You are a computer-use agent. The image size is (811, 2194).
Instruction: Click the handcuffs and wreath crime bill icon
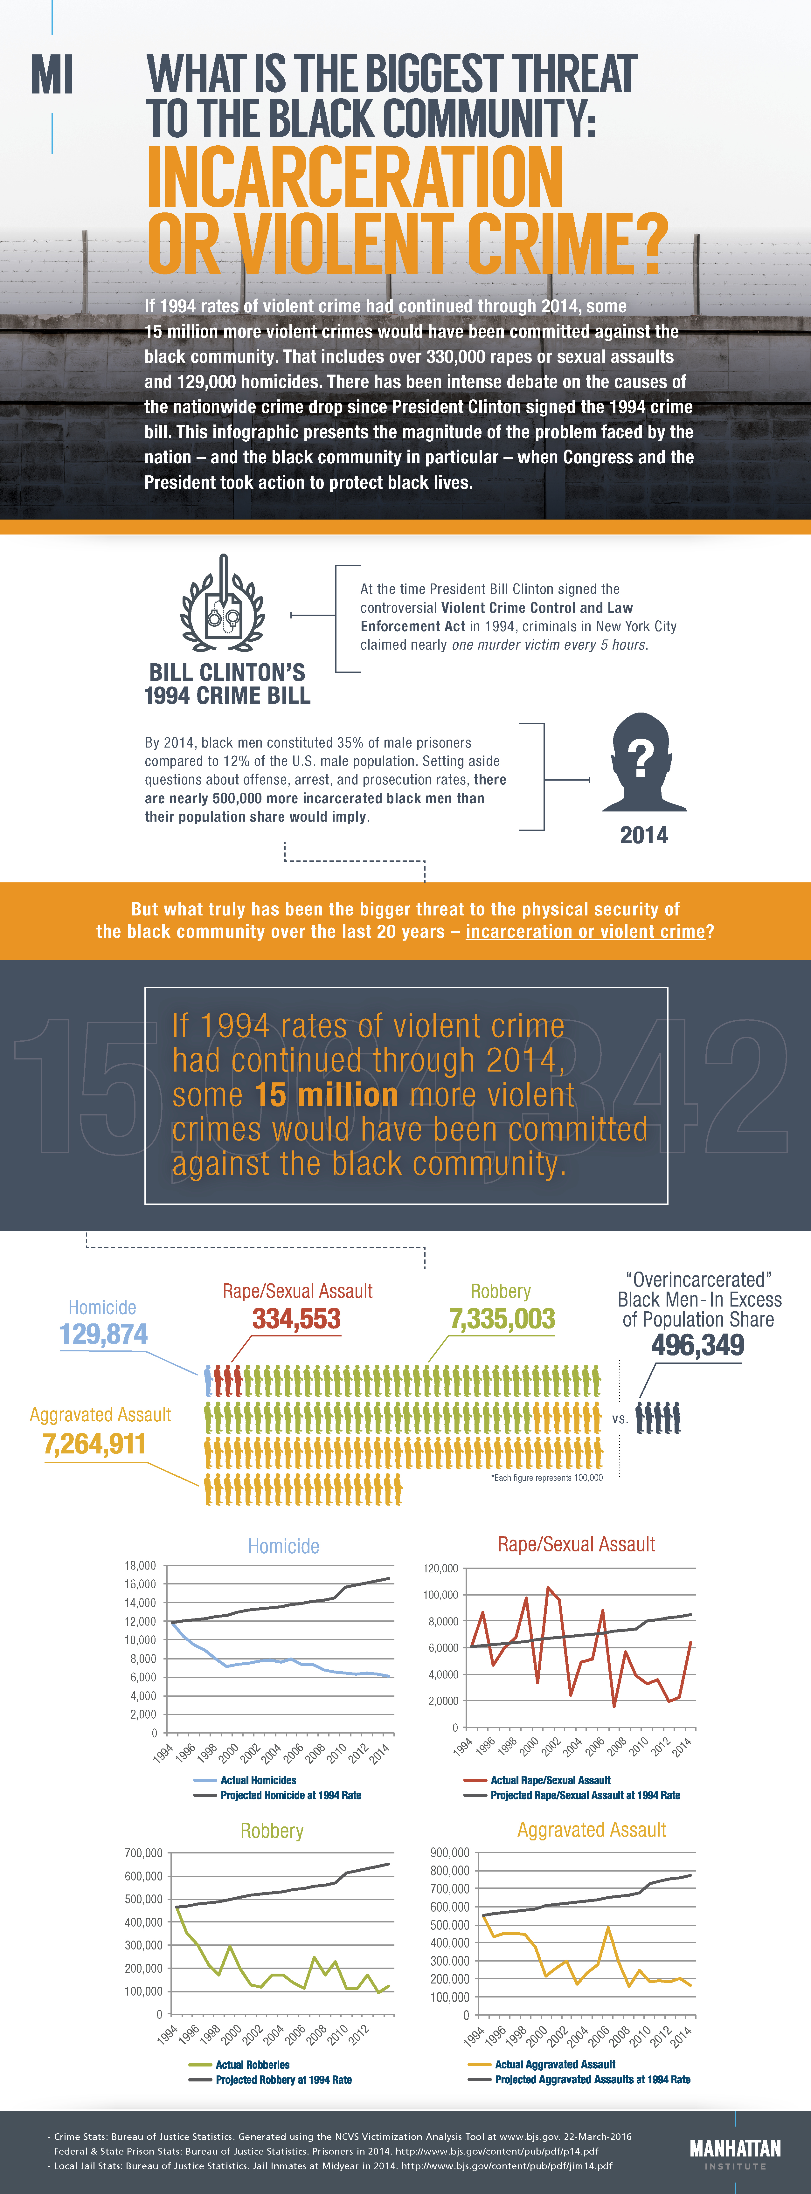pyautogui.click(x=223, y=606)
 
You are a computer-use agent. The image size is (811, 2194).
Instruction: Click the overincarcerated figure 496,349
pyautogui.click(x=697, y=1345)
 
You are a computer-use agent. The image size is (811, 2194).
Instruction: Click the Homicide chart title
pyautogui.click(x=284, y=1546)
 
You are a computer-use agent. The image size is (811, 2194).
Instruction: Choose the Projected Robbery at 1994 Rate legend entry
pyautogui.click(x=283, y=2079)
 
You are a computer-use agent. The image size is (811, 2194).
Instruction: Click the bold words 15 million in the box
pyautogui.click(x=326, y=1094)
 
